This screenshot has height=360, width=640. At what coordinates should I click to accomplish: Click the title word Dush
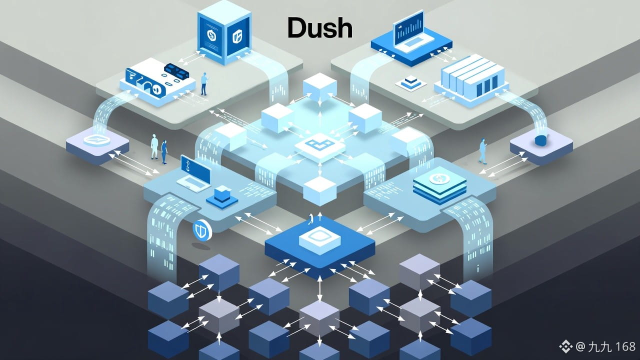pos(320,29)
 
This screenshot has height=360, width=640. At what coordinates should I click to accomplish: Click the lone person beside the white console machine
pos(203,83)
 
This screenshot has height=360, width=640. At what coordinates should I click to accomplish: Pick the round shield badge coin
pos(202,230)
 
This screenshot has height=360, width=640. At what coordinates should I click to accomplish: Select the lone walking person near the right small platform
pos(483,151)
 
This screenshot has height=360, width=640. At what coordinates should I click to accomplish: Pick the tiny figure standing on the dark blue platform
pos(311,218)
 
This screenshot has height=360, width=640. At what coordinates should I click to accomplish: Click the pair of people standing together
pos(159,148)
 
